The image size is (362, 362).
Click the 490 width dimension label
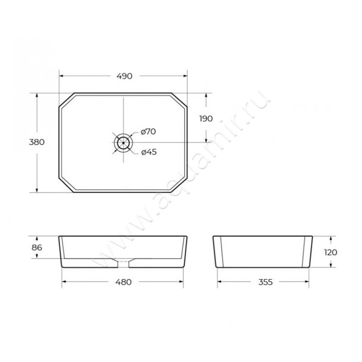124,76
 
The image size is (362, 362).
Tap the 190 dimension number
206,119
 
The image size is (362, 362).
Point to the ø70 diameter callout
148,132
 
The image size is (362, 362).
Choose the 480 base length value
123,282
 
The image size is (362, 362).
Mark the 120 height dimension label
331,252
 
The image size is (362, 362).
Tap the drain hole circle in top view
123,143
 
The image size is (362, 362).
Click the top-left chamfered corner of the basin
66,100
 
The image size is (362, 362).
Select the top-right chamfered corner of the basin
180,100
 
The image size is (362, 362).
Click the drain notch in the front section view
123,262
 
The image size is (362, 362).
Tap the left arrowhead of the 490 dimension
62,76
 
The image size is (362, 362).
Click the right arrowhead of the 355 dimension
309,282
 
